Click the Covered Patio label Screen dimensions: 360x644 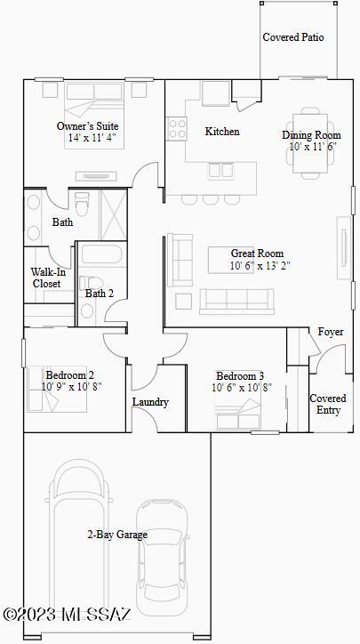click(293, 37)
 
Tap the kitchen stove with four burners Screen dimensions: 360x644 click(177, 129)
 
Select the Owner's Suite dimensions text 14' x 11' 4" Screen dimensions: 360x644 click(90, 138)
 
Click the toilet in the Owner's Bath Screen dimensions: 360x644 click(82, 204)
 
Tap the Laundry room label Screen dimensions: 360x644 click(150, 402)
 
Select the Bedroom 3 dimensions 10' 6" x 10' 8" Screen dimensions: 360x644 click(242, 387)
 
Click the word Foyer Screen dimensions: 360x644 click(331, 332)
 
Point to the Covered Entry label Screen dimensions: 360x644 click(328, 404)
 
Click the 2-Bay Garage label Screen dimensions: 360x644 click(117, 535)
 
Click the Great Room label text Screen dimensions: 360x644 click(257, 254)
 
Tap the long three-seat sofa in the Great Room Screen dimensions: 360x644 click(236, 301)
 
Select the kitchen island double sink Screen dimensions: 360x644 click(220, 170)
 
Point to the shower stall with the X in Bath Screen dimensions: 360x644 click(113, 214)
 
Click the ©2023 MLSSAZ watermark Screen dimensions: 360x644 click(68, 615)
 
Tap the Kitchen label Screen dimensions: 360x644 click(222, 132)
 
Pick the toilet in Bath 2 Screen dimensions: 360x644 click(92, 283)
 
